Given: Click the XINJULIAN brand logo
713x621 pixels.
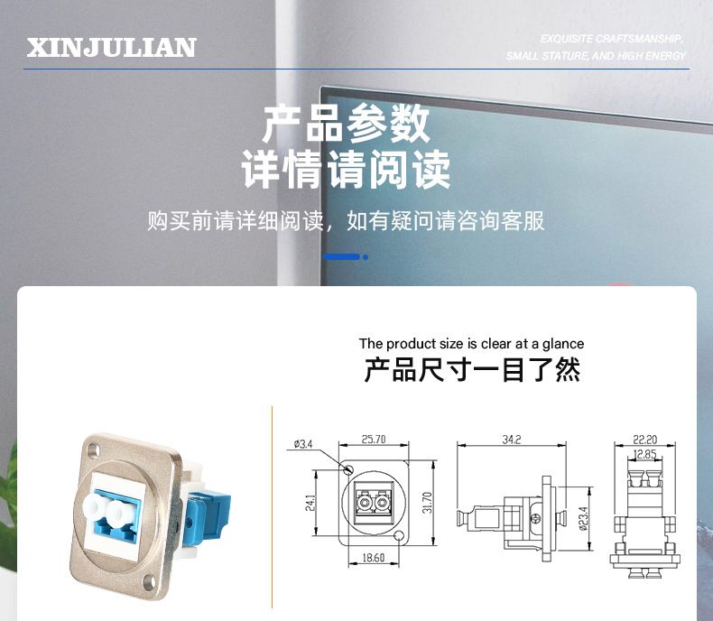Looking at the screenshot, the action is tap(111, 48).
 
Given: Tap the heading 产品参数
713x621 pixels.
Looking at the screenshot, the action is tap(346, 123).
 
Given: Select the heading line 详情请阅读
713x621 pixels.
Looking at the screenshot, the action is tap(346, 170).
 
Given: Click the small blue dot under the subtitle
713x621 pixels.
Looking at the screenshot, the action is tap(366, 257).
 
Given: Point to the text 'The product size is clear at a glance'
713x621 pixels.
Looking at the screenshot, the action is tap(471, 344).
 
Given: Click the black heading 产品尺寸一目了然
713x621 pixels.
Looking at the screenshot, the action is tap(472, 369).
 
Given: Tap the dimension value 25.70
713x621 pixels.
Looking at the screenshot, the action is tap(374, 440).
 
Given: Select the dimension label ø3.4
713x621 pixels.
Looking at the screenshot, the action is tap(303, 444).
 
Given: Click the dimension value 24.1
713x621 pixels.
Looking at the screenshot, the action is tap(310, 503).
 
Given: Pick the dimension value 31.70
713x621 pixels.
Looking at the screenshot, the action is tap(427, 503).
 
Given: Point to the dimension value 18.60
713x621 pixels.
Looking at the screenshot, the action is tap(374, 557).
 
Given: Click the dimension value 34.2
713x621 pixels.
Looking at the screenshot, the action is tap(512, 440).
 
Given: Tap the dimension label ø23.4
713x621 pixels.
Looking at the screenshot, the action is tap(584, 519).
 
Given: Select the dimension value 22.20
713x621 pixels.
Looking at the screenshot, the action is tap(644, 440).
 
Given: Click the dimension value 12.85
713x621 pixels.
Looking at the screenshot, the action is tap(644, 454).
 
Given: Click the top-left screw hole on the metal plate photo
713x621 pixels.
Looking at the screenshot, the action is tap(93, 451).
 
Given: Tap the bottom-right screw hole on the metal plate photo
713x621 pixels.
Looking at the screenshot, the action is tap(148, 580).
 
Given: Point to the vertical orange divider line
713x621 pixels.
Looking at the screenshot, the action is tap(272, 507).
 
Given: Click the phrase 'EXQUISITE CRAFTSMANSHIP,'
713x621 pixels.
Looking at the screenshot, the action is tap(612, 39).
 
